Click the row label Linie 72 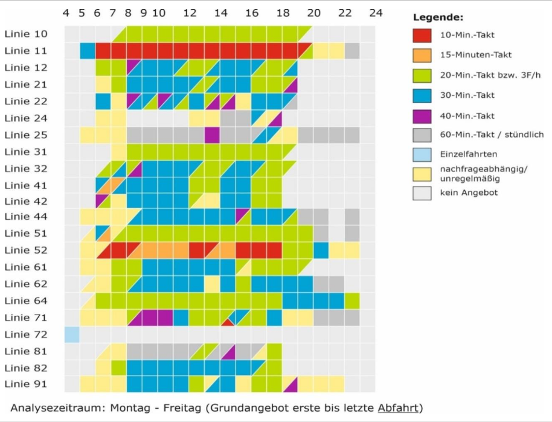tap(26, 334)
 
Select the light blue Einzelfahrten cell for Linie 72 tap(72, 334)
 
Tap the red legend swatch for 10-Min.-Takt tap(422, 35)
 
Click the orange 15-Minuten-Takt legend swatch tap(422, 54)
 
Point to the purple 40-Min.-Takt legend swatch tap(422, 115)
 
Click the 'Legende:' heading tap(437, 17)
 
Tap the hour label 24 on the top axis tap(376, 13)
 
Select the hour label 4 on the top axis tap(66, 13)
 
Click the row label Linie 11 tap(26, 51)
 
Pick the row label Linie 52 tap(26, 250)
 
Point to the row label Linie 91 tap(26, 384)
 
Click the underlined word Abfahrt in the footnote tap(397, 408)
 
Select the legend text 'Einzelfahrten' tap(468, 154)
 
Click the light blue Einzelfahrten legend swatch tap(422, 154)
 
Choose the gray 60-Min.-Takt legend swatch tap(422, 134)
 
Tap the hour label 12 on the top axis tap(190, 13)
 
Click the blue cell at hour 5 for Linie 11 tap(87, 51)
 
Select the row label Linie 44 tap(26, 216)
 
